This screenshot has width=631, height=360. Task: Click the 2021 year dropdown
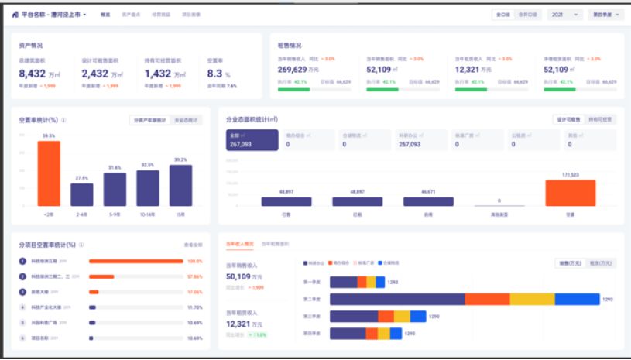(564, 15)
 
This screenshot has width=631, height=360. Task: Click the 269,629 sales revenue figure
(297, 70)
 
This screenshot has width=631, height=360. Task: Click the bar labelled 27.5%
(82, 194)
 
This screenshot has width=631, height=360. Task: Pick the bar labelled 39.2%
(180, 185)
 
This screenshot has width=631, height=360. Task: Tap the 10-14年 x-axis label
(148, 213)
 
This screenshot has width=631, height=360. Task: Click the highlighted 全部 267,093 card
(252, 139)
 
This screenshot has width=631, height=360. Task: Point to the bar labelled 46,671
(428, 201)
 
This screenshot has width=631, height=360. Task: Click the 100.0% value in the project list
(194, 261)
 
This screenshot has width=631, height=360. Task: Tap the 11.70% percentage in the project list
(194, 307)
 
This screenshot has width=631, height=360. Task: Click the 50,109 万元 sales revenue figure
(244, 276)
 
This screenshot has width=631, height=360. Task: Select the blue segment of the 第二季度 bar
(577, 299)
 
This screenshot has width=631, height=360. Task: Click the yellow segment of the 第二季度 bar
(532, 299)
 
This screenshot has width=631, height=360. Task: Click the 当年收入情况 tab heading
(239, 243)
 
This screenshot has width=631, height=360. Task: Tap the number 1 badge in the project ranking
(22, 261)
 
